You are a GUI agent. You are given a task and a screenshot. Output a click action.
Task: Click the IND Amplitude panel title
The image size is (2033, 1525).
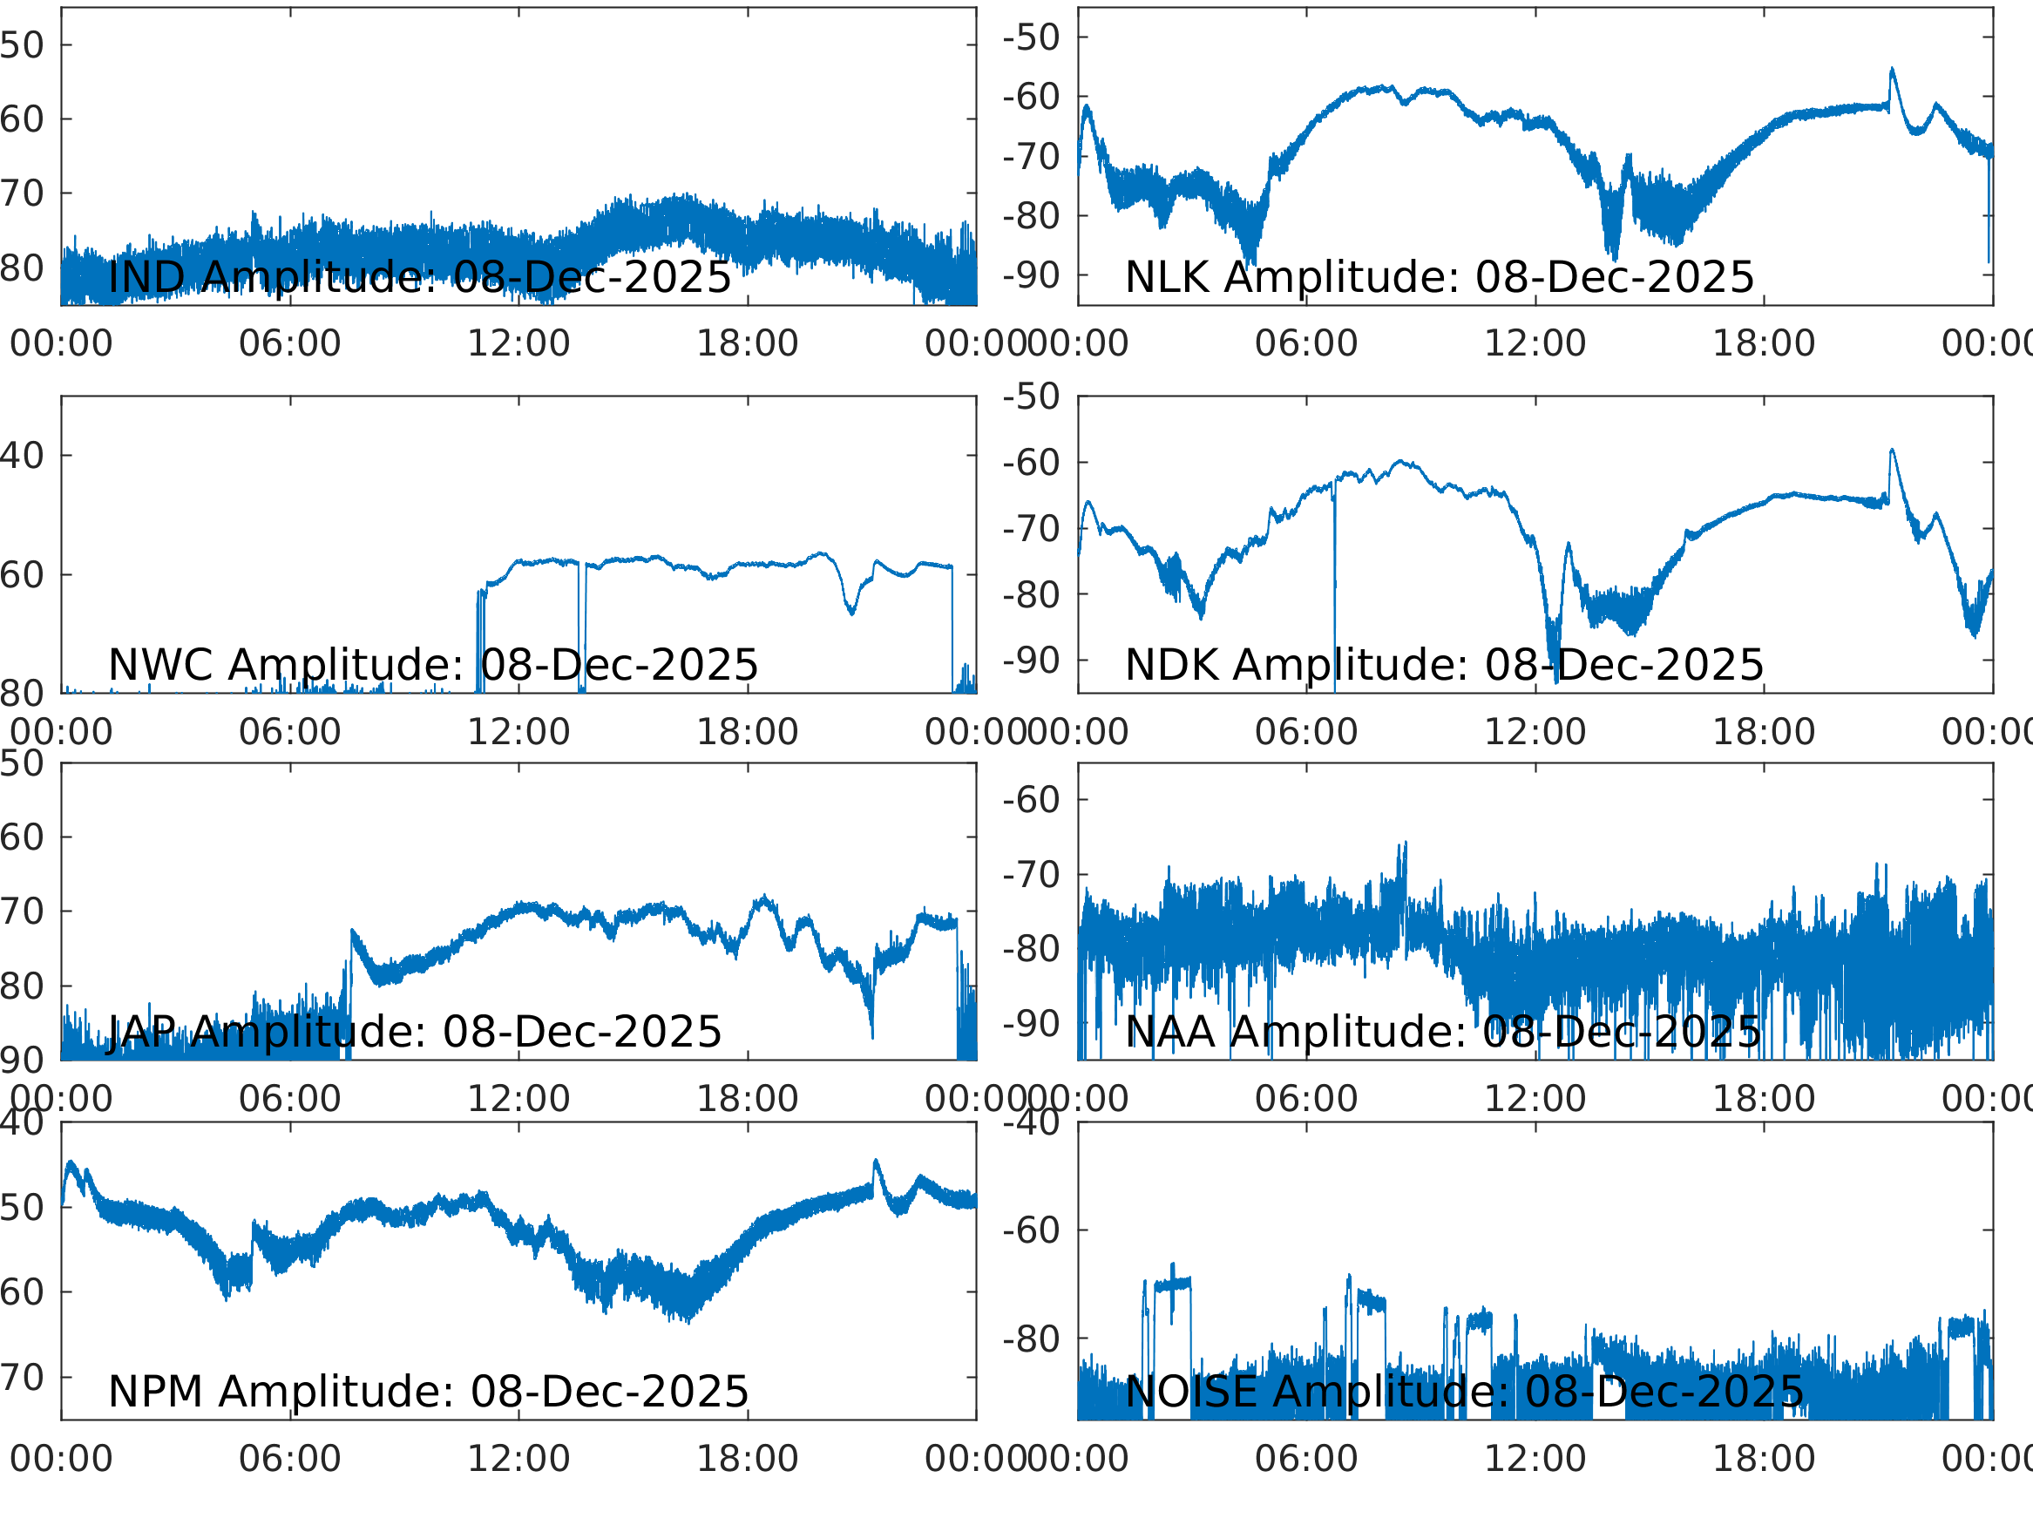point(419,277)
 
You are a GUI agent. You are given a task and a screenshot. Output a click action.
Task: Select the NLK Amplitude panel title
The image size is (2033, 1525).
point(1440,277)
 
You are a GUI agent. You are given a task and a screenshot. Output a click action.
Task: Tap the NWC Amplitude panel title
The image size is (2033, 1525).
point(433,665)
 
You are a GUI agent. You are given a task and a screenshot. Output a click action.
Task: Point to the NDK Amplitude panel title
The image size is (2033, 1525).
point(1444,665)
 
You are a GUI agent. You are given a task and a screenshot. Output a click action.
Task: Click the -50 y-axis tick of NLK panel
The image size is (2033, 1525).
point(1031,37)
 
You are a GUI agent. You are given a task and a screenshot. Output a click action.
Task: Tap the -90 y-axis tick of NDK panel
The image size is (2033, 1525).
point(1031,661)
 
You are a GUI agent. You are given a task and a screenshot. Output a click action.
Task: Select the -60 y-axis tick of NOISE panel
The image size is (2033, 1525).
point(1031,1230)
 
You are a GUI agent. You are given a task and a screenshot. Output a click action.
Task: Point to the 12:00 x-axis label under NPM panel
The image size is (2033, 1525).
point(518,1459)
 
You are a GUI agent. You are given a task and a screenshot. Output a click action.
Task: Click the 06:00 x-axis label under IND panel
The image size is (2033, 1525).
point(289,344)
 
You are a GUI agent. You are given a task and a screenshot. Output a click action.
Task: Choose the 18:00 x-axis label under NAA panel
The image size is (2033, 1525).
point(1763,1099)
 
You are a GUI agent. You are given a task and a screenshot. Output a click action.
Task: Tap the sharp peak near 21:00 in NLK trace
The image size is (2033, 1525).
point(1892,69)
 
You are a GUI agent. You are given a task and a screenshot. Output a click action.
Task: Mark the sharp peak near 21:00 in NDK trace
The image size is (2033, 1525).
point(1892,450)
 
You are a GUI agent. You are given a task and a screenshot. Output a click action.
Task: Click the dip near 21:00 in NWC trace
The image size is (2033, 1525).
point(852,613)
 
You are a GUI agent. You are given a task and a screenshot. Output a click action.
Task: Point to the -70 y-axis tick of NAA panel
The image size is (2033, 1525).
point(1031,875)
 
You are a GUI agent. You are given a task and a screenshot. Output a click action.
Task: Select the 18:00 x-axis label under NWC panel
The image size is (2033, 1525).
point(746,733)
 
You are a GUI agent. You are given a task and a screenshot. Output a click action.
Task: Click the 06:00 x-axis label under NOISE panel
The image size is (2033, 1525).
point(1306,1459)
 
